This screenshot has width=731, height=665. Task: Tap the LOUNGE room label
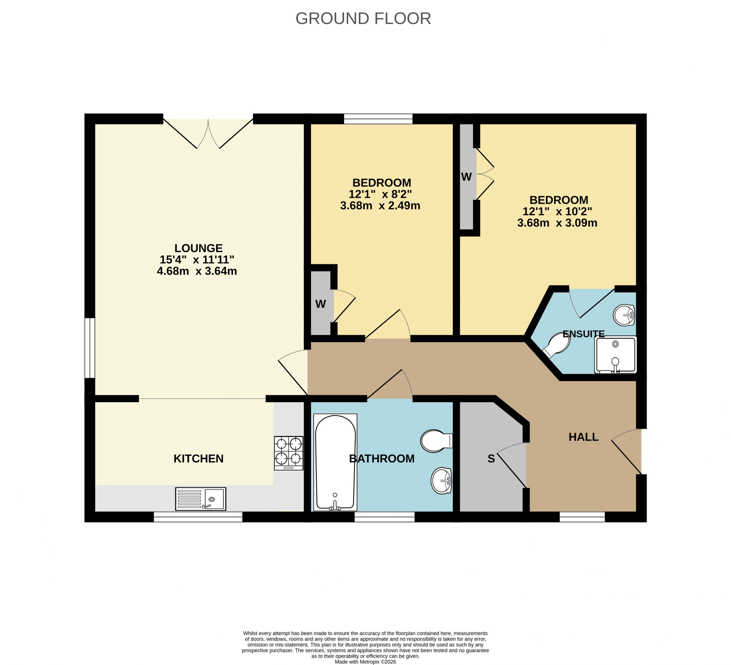[x=198, y=248]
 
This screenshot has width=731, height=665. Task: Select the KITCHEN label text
[x=198, y=459]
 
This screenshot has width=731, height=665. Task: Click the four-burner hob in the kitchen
[x=289, y=453]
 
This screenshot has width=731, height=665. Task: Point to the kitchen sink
[x=200, y=499]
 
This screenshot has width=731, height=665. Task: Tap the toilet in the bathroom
[x=436, y=441]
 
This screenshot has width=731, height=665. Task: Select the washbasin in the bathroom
[x=441, y=481]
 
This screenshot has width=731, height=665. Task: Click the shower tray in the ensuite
[x=615, y=355]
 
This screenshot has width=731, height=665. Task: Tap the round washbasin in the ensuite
[x=624, y=315]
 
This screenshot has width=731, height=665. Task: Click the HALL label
[x=583, y=437]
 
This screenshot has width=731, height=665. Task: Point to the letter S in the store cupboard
[x=491, y=459]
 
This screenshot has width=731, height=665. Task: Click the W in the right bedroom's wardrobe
[x=466, y=177]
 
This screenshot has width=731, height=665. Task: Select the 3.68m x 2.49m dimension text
[x=380, y=206]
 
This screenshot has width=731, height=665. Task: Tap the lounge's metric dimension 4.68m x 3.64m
[x=197, y=271]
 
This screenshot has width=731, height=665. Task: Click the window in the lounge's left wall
[x=90, y=348]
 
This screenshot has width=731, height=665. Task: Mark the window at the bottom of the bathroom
[x=384, y=517]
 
